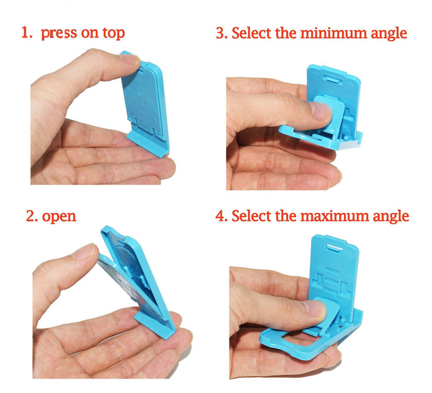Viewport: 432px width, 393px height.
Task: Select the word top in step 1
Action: (x=113, y=33)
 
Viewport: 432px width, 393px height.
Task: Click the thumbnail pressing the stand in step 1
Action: (x=130, y=59)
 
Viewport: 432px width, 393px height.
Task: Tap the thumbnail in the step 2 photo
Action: (x=84, y=252)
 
